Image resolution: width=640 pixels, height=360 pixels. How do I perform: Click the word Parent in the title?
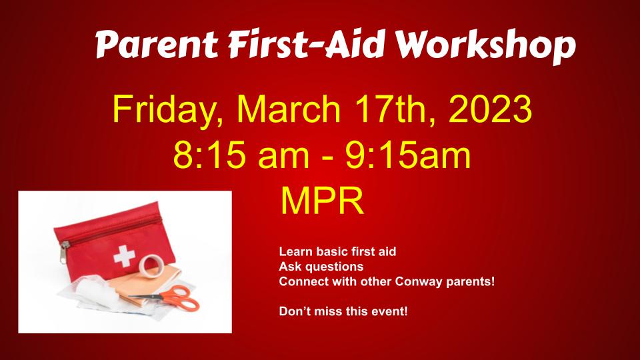click(x=157, y=44)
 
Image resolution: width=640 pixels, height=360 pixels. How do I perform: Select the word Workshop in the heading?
click(x=485, y=46)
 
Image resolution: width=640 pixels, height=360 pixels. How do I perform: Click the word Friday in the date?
click(x=168, y=110)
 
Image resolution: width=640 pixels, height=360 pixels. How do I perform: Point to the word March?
click(x=289, y=109)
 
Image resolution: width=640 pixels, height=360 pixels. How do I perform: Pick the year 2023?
click(x=490, y=109)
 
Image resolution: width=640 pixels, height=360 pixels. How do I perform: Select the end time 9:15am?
click(x=408, y=155)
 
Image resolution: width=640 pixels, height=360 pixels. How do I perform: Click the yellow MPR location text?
click(x=322, y=201)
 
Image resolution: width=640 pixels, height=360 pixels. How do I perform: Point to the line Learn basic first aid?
click(x=337, y=251)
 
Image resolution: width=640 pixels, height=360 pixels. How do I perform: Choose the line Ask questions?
click(x=321, y=267)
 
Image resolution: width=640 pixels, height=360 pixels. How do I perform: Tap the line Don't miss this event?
click(x=343, y=311)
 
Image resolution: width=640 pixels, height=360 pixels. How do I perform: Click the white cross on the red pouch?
click(x=124, y=256)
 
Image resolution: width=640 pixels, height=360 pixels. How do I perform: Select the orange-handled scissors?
click(x=171, y=298)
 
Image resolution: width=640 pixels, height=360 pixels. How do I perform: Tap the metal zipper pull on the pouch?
click(x=64, y=251)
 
